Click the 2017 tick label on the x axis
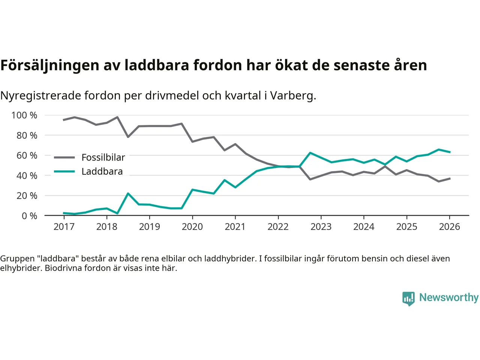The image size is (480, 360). (x=64, y=226)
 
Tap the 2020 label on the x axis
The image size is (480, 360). (x=192, y=226)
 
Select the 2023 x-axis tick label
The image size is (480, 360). (x=321, y=226)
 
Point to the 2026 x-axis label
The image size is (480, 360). (x=450, y=226)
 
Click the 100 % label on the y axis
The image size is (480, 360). (x=24, y=115)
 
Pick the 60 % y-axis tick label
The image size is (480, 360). (x=27, y=155)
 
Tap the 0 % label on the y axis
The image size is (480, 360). (x=29, y=216)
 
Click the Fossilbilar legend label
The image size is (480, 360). (x=103, y=157)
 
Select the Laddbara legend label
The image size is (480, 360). (x=102, y=171)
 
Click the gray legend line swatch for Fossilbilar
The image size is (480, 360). (x=64, y=157)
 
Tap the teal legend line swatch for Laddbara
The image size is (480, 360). (x=64, y=171)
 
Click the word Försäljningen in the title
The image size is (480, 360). (x=50, y=65)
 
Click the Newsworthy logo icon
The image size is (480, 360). (x=408, y=298)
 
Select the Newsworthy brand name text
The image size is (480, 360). (x=448, y=297)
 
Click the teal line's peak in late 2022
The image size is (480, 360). (x=310, y=153)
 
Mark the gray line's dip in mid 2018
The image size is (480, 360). (x=128, y=137)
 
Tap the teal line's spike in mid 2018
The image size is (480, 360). (x=128, y=193)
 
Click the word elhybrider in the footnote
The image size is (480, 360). (x=21, y=268)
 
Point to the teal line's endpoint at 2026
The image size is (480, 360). (x=450, y=152)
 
